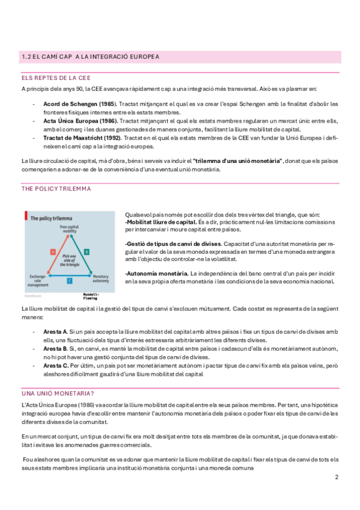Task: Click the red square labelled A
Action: [x=53, y=251]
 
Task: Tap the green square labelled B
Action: [x=87, y=251]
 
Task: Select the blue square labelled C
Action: [x=70, y=281]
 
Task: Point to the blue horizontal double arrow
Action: [x=70, y=276]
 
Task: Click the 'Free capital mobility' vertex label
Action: [x=70, y=229]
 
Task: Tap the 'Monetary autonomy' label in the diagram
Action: [x=101, y=278]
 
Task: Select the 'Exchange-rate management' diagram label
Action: [x=38, y=281]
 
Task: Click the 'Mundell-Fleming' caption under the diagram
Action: [x=91, y=296]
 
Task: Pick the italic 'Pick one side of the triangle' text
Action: [x=70, y=260]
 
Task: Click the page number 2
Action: [x=337, y=477]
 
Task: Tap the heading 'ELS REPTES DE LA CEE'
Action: [x=56, y=78]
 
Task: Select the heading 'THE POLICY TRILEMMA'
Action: [x=56, y=189]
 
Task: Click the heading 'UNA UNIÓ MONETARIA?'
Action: [x=58, y=393]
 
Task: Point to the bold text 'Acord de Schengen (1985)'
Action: [x=80, y=104]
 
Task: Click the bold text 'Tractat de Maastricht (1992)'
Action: [x=82, y=138]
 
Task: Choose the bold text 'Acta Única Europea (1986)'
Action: [x=81, y=121]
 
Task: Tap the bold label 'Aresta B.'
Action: [x=55, y=349]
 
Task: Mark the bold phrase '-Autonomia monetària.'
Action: [x=157, y=274]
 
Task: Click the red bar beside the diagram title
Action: [x=26, y=215]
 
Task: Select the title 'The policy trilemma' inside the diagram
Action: [x=51, y=218]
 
